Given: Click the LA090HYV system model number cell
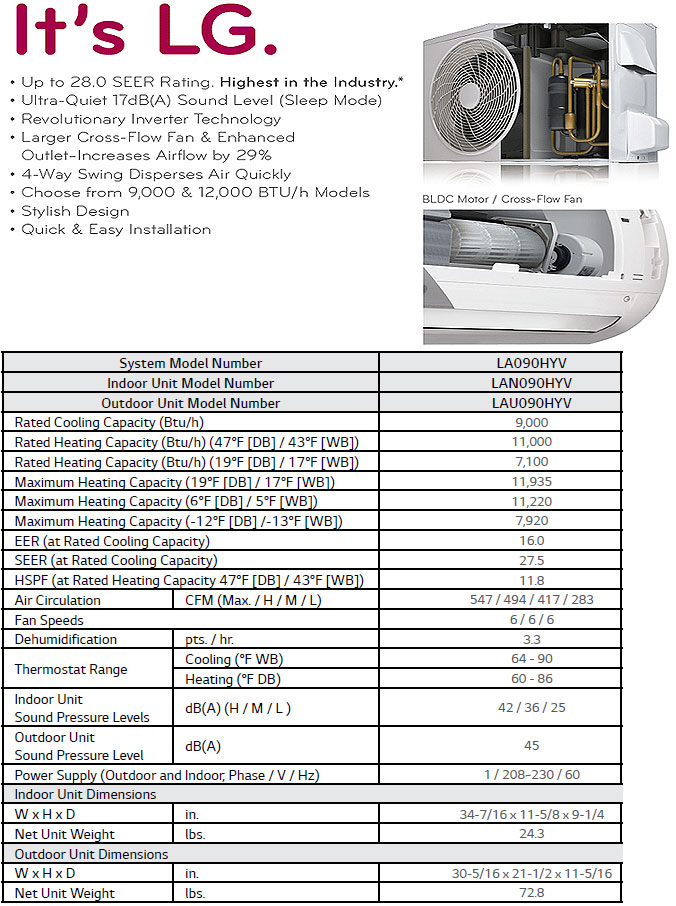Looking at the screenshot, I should point(531,363).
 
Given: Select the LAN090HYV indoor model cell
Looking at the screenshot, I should point(531,383).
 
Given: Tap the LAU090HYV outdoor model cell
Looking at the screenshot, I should point(531,403).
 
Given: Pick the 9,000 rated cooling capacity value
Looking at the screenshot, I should point(531,423).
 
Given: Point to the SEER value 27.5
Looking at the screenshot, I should point(531,561).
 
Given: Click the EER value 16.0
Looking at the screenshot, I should point(531,541).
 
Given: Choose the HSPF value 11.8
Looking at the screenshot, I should point(531,581).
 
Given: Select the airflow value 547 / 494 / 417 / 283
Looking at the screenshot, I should point(531,601).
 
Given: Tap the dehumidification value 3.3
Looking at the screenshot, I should point(531,640).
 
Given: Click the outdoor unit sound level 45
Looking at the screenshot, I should point(531,746).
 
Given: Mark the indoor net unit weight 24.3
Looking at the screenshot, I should point(531,834).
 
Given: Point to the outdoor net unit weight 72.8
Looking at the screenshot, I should point(531,893).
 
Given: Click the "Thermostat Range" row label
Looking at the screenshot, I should point(71,670).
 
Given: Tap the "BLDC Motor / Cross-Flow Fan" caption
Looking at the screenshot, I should point(502,199).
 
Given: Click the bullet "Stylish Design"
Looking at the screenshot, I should point(75,211).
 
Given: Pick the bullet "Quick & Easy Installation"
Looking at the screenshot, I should point(116,229).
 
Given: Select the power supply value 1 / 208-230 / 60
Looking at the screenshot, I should point(531,775).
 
